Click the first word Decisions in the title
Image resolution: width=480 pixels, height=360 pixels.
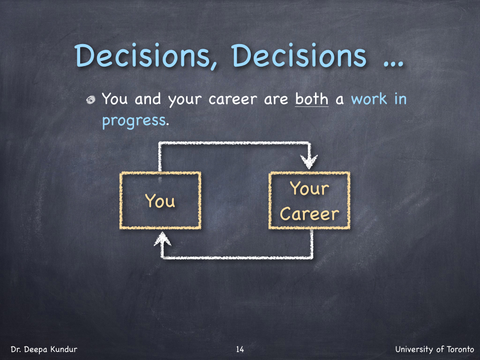pos(146,56)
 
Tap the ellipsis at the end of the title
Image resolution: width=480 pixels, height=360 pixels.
pos(393,63)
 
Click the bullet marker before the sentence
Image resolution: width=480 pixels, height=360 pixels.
pos(90,100)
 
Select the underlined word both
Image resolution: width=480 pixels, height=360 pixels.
pos(312,99)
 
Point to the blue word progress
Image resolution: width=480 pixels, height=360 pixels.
pos(134,120)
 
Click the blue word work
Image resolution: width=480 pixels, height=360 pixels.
pos(369,99)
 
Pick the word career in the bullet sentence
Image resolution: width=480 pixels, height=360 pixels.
pos(233,99)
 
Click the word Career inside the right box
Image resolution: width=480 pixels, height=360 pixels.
pos(309,214)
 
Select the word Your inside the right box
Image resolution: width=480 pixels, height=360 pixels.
pos(309,188)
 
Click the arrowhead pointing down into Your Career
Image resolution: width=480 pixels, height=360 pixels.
pos(309,161)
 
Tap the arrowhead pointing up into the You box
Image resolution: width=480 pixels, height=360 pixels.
pos(162,239)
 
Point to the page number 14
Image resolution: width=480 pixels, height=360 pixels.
pos(240,349)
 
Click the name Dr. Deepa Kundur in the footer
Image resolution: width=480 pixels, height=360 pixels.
pos(44,349)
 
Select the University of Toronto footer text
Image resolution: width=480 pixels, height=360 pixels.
pos(435,349)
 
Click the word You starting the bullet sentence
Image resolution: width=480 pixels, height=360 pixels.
pos(114,98)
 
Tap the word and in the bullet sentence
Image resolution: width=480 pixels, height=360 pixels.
pos(148,99)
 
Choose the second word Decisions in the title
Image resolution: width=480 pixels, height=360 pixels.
pos(299,56)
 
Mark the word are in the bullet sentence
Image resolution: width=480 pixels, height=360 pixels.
pos(276,99)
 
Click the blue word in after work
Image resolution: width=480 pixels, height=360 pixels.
pos(400,99)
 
